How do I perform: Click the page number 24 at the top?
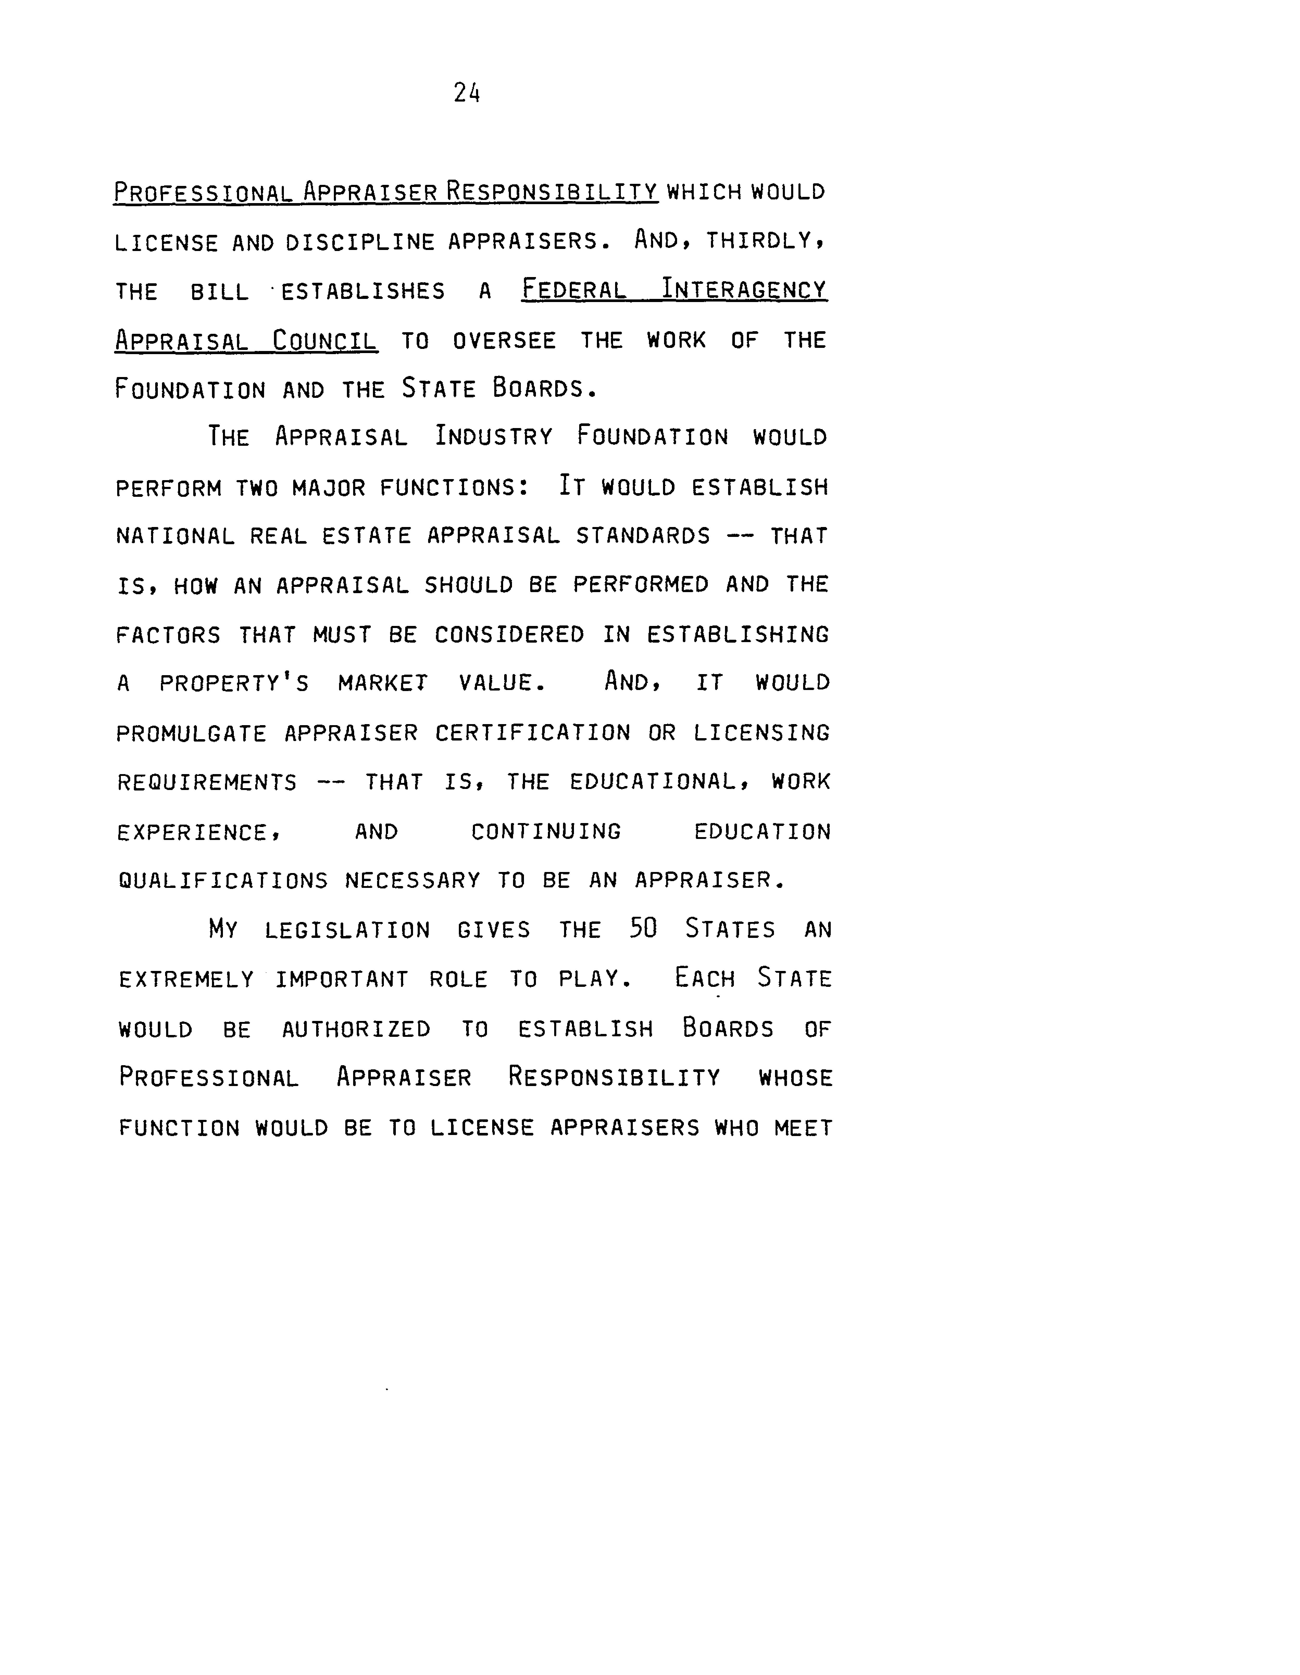coord(466,93)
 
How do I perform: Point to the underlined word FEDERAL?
coord(574,291)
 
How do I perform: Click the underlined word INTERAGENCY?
coord(744,291)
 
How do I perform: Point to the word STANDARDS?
coord(643,536)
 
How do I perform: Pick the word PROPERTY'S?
coord(234,683)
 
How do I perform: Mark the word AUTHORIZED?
coord(356,1029)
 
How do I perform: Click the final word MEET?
coord(803,1128)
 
